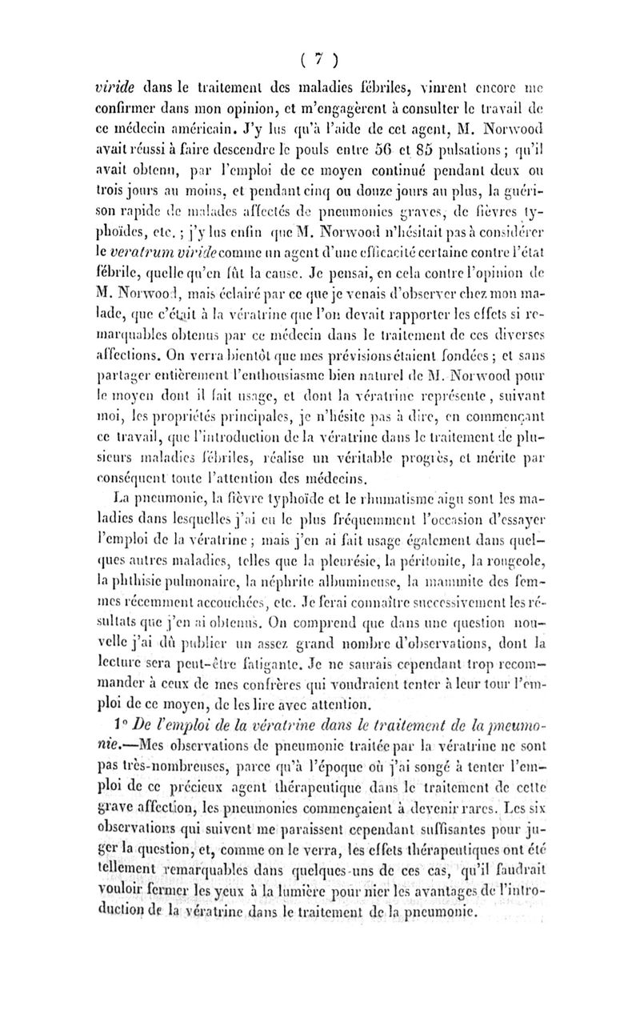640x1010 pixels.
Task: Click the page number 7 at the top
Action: tap(319, 61)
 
